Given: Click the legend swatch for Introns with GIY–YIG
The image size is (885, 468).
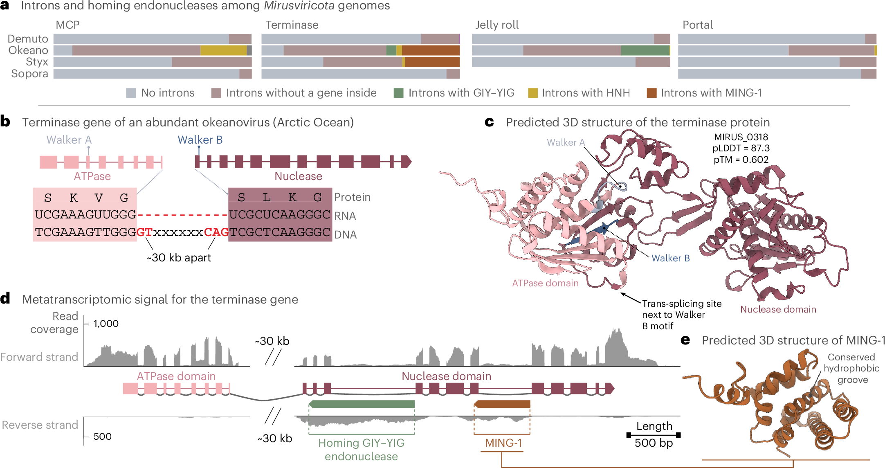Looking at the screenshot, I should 398,93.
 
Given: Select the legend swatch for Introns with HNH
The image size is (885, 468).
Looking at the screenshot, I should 532,93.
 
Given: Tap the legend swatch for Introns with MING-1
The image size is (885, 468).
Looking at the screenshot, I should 651,93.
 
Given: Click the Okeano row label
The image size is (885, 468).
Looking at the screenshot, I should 28,50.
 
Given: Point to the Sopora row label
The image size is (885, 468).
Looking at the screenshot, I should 29,74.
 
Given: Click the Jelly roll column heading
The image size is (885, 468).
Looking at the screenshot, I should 496,25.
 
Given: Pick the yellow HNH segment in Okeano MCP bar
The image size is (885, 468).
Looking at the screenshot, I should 223,50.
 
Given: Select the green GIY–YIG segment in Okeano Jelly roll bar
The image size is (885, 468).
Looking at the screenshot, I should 645,50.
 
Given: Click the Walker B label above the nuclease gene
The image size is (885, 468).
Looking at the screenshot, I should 200,140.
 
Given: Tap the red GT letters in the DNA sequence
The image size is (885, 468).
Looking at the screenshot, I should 144,232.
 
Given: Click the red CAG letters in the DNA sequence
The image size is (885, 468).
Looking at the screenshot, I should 216,232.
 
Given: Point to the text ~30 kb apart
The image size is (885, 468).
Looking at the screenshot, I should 179,258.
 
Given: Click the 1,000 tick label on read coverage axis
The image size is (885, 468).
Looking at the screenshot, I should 106,324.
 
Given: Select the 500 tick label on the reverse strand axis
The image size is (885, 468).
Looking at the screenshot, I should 102,436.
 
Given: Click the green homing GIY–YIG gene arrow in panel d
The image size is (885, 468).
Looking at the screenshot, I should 362,404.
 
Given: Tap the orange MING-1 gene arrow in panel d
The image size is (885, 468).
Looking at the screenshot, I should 502,404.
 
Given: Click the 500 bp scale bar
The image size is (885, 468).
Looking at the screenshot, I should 653,435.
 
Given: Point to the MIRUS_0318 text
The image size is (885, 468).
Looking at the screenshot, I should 741,137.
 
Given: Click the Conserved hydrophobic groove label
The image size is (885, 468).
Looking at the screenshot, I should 851,368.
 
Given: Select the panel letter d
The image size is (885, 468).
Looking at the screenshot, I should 5,299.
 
